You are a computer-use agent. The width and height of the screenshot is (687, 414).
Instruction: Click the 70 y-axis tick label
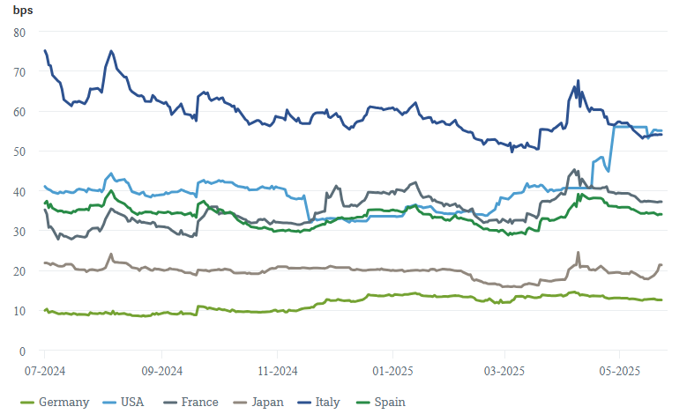pyautogui.click(x=20, y=72)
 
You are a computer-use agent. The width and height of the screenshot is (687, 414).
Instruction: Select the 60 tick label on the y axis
pyautogui.click(x=20, y=112)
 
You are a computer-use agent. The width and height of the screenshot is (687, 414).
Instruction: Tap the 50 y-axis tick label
pyautogui.click(x=20, y=152)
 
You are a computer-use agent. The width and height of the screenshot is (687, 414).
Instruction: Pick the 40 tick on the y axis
pyautogui.click(x=20, y=192)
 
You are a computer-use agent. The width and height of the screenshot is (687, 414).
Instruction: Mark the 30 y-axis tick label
pyautogui.click(x=20, y=232)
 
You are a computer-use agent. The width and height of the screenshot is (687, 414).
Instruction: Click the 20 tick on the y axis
pyautogui.click(x=20, y=271)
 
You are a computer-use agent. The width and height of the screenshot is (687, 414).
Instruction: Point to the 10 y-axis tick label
pyautogui.click(x=20, y=312)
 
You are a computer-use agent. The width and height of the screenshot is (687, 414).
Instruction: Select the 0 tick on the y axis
pyautogui.click(x=23, y=351)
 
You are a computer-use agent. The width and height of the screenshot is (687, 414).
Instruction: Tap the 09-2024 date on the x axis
pyautogui.click(x=161, y=372)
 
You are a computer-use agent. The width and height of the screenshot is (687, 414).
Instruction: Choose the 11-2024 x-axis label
pyautogui.click(x=276, y=372)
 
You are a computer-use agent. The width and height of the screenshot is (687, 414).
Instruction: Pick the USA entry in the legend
pyautogui.click(x=131, y=403)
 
